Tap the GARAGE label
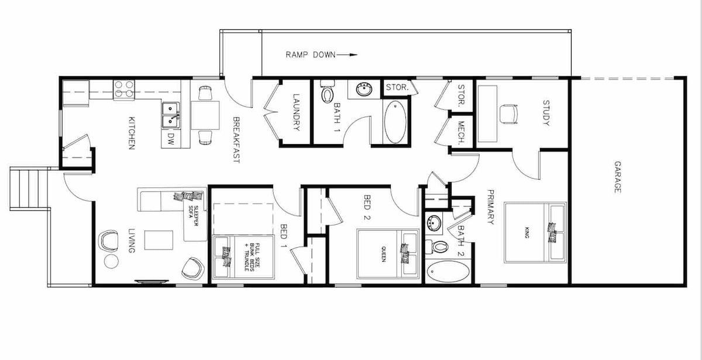[x=617, y=177]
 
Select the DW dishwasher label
[x=170, y=139]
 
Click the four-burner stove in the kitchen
[x=124, y=90]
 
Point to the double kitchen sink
[x=171, y=115]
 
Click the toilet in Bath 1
[x=328, y=91]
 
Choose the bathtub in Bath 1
[x=395, y=122]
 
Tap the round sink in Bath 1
[x=364, y=90]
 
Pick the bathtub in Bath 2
[x=449, y=272]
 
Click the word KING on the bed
[x=527, y=232]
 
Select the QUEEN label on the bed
[x=383, y=254]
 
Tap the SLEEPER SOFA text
[x=193, y=216]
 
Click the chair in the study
[x=508, y=114]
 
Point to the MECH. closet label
[x=461, y=133]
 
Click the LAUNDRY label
[x=296, y=112]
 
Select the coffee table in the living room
[x=159, y=240]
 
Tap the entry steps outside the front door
[x=29, y=188]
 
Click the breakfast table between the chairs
[x=205, y=115]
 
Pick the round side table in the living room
[x=111, y=261]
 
